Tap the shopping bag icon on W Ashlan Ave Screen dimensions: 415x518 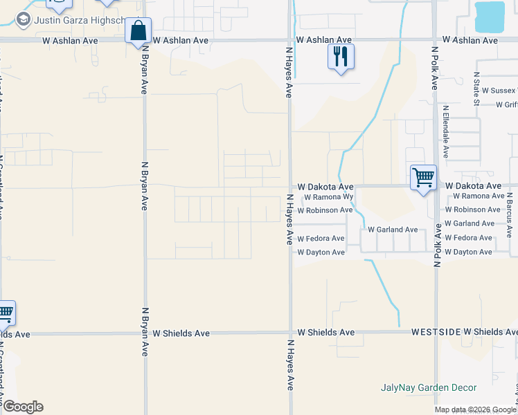[x=138, y=31]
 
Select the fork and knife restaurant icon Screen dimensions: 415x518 [x=340, y=57]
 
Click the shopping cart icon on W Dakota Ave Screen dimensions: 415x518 [x=423, y=177]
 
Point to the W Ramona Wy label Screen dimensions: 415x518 [x=329, y=197]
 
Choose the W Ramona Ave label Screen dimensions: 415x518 [x=474, y=196]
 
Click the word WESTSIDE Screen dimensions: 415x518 [x=436, y=332]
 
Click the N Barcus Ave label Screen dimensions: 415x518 [x=509, y=214]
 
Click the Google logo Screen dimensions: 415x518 [x=22, y=407]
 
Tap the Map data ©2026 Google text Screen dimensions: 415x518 [x=476, y=409]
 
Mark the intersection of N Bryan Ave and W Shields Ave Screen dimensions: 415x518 [x=145, y=333]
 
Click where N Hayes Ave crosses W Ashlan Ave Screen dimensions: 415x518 [x=290, y=40]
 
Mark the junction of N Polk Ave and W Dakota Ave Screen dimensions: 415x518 [x=436, y=186]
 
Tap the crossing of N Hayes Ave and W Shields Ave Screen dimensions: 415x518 [x=290, y=333]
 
